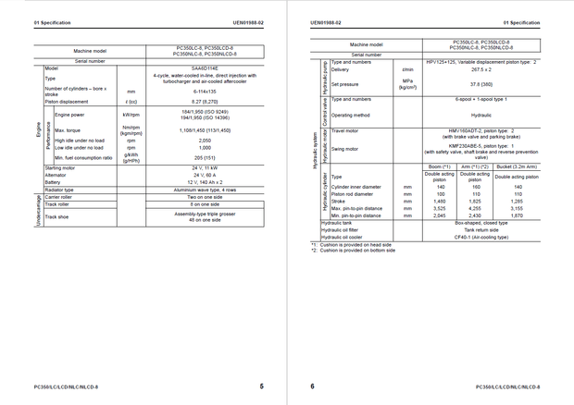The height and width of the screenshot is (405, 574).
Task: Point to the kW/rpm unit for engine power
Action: [131, 115]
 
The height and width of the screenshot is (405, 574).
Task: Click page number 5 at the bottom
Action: [261, 387]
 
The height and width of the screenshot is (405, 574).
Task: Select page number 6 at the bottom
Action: [313, 387]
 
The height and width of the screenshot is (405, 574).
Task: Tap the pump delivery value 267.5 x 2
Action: [480, 69]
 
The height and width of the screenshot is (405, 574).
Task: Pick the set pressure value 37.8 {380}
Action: [480, 84]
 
